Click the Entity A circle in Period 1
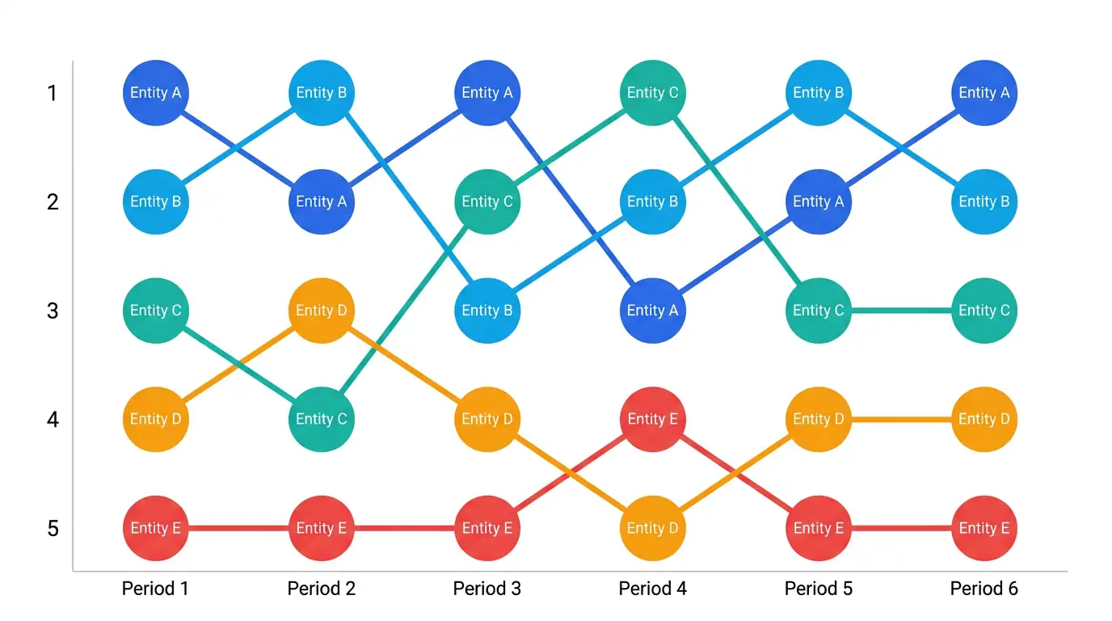tap(156, 93)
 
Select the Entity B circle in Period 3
tap(487, 310)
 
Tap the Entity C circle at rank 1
tap(653, 93)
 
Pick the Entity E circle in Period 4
tap(653, 420)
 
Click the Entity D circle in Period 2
tap(322, 310)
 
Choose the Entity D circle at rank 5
tap(653, 528)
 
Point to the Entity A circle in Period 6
tap(984, 93)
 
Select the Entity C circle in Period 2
tap(322, 420)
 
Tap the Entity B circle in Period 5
tap(819, 93)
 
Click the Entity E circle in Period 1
tap(156, 528)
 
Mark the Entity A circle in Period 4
tap(653, 310)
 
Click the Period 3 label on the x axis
tap(487, 589)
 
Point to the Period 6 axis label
tap(984, 589)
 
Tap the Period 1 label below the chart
tap(155, 589)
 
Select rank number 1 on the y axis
tap(52, 94)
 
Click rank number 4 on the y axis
tap(53, 420)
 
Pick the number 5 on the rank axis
tap(53, 529)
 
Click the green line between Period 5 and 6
tap(902, 310)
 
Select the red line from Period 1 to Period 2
tap(238, 528)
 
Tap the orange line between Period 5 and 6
tap(902, 420)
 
